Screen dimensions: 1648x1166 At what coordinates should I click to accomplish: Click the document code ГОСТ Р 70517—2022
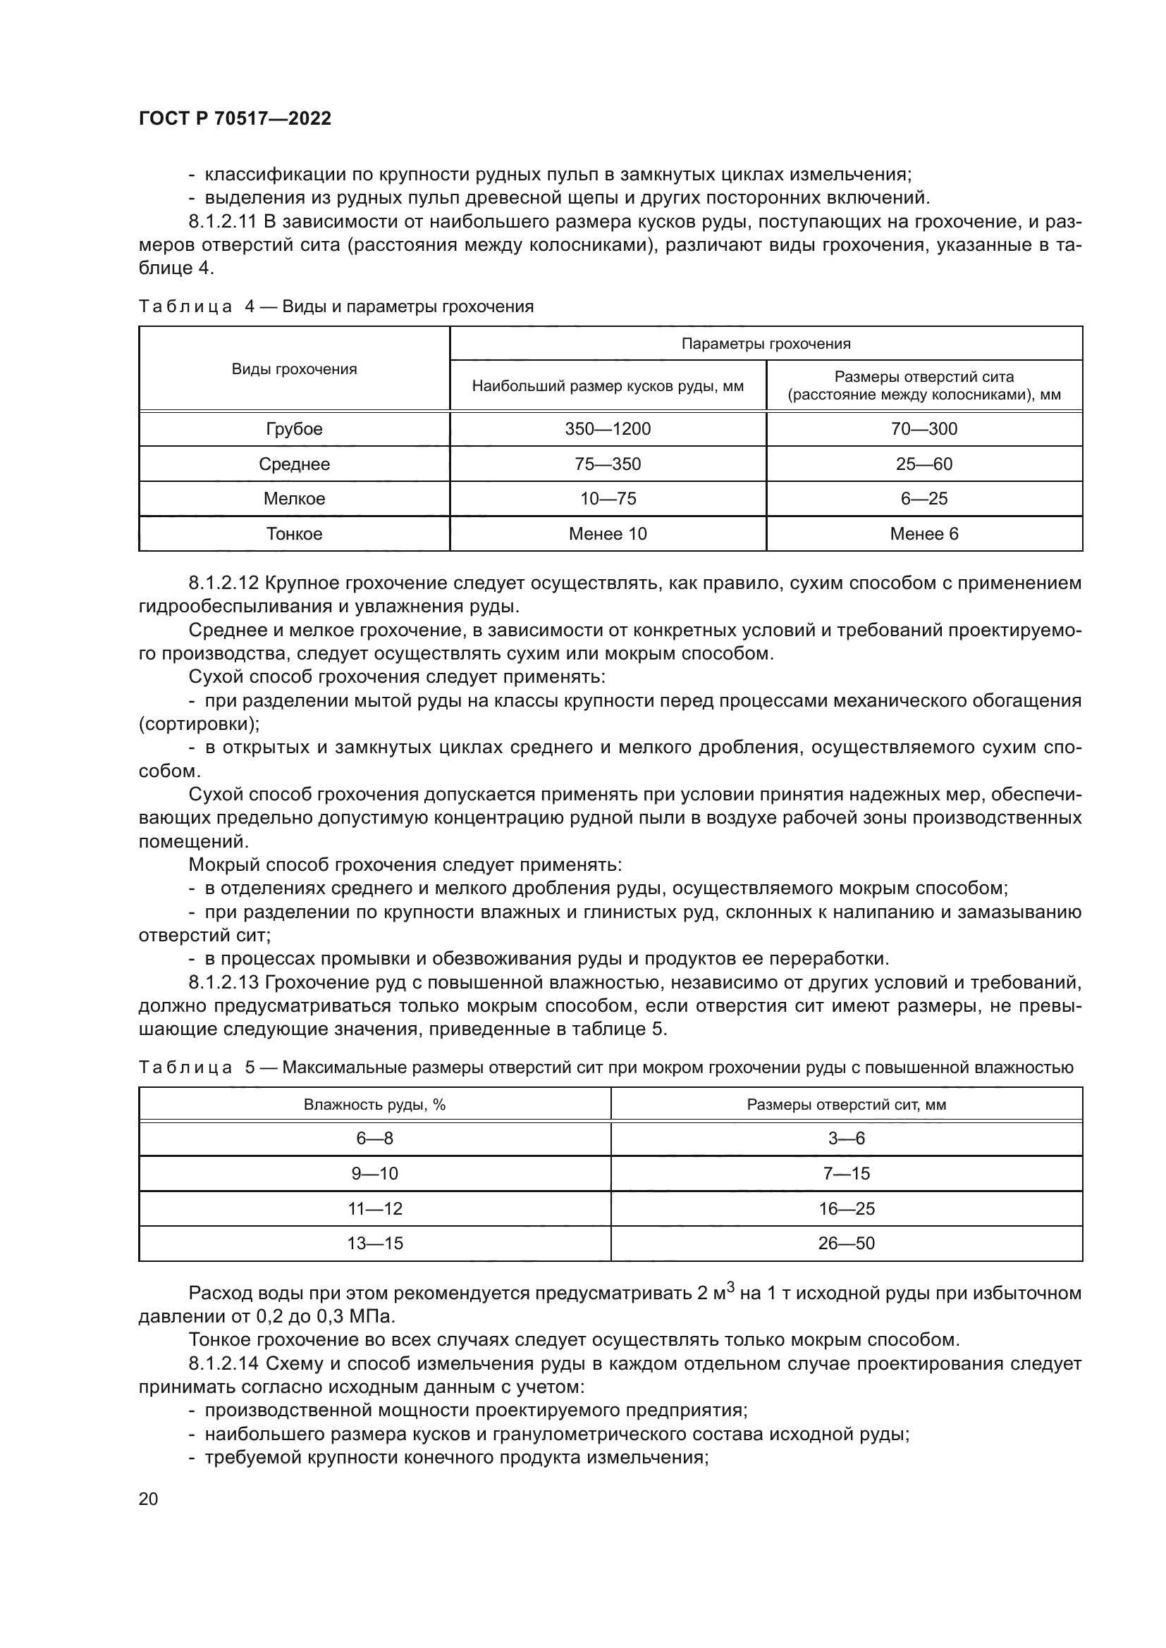[x=235, y=119]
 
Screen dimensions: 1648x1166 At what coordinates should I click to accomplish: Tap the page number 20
[x=148, y=1499]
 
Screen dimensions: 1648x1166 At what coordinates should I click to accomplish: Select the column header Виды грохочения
[x=294, y=369]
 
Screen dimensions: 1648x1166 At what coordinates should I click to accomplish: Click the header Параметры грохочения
[x=766, y=344]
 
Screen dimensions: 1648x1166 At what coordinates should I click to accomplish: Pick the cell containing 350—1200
[x=608, y=429]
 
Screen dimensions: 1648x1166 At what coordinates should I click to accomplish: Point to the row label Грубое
[x=294, y=429]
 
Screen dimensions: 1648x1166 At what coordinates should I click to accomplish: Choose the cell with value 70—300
[x=923, y=429]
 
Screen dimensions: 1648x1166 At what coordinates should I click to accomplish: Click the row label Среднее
[x=294, y=464]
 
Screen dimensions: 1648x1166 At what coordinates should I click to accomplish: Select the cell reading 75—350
[x=608, y=464]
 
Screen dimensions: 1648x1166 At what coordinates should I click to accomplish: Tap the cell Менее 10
[x=608, y=534]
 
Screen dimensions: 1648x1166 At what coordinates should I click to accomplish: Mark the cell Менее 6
[x=923, y=534]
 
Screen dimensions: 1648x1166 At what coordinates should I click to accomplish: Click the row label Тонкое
[x=294, y=534]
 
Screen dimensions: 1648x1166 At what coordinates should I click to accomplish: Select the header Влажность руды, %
[x=374, y=1105]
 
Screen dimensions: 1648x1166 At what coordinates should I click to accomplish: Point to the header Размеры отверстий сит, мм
[x=846, y=1105]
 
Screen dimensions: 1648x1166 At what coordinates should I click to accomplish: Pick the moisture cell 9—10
[x=374, y=1174]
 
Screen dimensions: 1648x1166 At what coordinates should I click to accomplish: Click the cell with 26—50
[x=846, y=1243]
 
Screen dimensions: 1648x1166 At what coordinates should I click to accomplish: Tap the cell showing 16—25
[x=846, y=1209]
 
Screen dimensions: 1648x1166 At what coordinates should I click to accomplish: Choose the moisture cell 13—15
[x=374, y=1243]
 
